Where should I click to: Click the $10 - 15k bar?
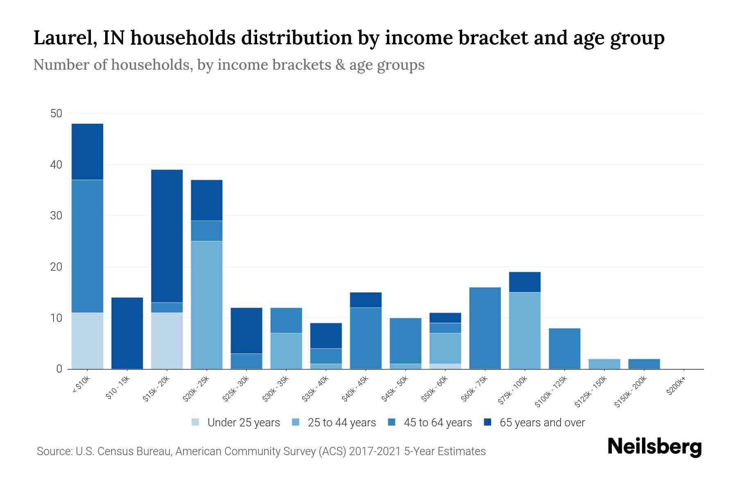pyautogui.click(x=127, y=333)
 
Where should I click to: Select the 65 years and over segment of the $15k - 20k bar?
pyautogui.click(x=167, y=236)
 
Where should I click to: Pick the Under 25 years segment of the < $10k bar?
pyautogui.click(x=87, y=341)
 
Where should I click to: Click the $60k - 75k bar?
pyautogui.click(x=485, y=328)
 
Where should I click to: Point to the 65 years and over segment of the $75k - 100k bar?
pyautogui.click(x=524, y=282)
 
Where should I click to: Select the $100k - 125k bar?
pyautogui.click(x=564, y=348)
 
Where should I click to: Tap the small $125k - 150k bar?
pyautogui.click(x=604, y=364)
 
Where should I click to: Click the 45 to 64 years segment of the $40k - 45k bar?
pyautogui.click(x=366, y=338)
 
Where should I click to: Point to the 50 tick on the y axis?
pyautogui.click(x=56, y=114)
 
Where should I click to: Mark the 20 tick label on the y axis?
pyautogui.click(x=56, y=267)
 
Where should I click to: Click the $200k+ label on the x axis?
pyautogui.click(x=676, y=387)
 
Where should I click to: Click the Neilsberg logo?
pyautogui.click(x=654, y=447)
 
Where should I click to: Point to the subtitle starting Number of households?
pyautogui.click(x=228, y=65)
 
